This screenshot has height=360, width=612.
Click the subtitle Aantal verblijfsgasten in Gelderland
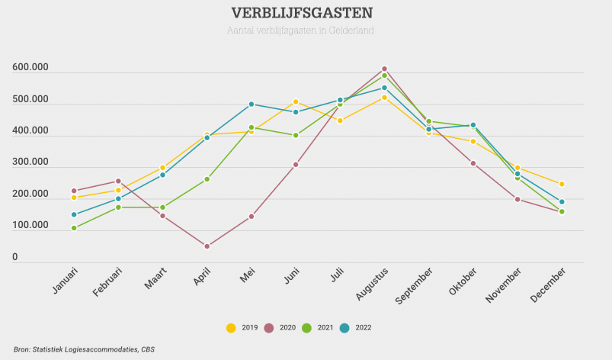(x=300, y=31)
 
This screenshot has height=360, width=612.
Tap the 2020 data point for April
(x=207, y=246)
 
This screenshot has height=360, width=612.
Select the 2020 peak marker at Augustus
(x=384, y=69)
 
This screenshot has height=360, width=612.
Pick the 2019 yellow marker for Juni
(x=296, y=102)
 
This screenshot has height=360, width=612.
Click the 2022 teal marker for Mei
(x=251, y=104)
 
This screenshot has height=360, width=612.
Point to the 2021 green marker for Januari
(x=74, y=228)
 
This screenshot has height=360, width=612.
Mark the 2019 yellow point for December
(x=562, y=185)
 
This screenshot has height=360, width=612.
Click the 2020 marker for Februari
(x=118, y=182)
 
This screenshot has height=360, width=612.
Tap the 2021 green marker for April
(x=207, y=179)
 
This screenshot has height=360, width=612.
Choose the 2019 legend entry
(x=242, y=328)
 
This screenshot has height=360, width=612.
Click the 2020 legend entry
(x=280, y=328)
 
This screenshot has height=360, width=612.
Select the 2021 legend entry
(x=318, y=328)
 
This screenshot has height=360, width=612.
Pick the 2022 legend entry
(x=355, y=328)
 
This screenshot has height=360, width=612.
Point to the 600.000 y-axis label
(x=30, y=68)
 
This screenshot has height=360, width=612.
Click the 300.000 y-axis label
(x=30, y=162)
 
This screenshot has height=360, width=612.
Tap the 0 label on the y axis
(x=14, y=258)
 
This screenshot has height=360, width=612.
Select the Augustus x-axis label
(x=373, y=284)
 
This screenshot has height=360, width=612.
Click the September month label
(x=415, y=287)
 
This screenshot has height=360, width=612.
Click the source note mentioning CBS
(x=79, y=349)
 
